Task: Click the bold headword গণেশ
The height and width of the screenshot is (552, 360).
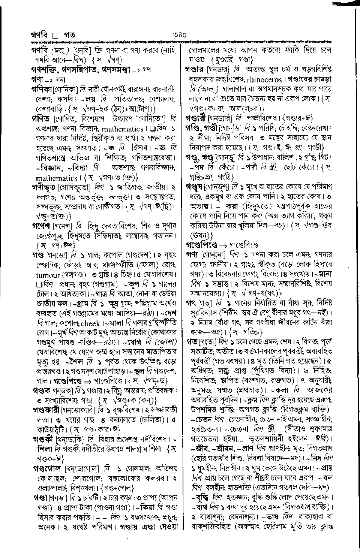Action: [x=41, y=226]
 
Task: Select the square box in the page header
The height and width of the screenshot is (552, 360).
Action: [x=55, y=36]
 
